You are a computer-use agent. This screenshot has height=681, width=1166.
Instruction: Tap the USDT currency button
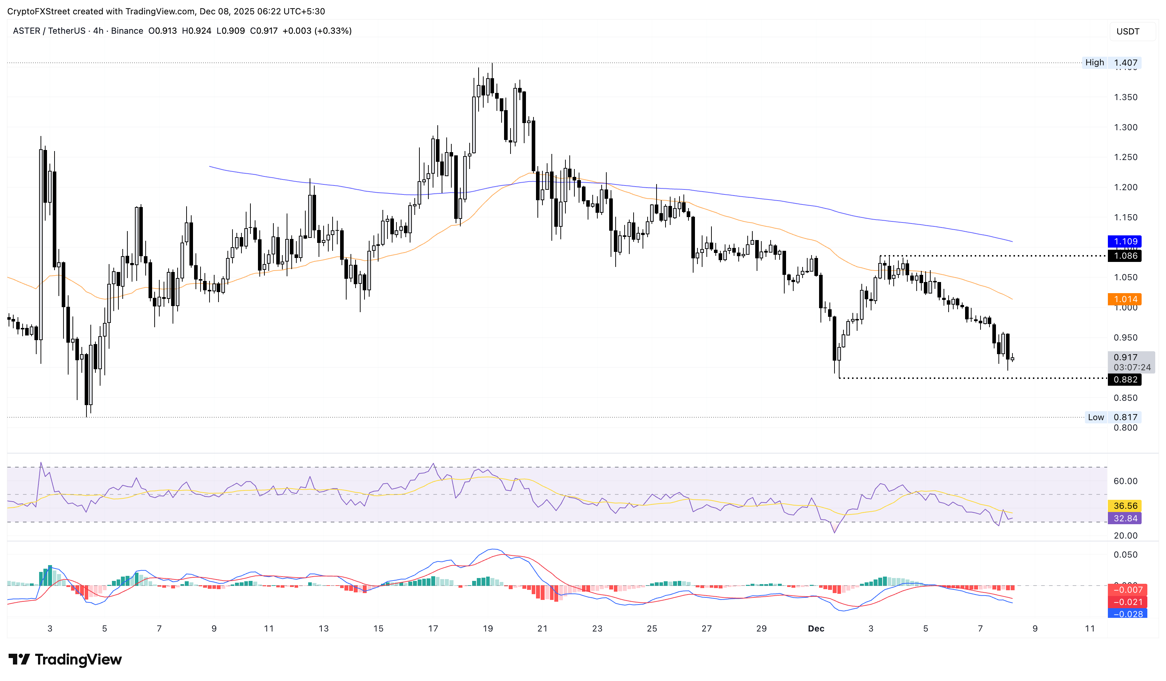click(1128, 32)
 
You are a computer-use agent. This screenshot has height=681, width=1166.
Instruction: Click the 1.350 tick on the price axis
click(1125, 97)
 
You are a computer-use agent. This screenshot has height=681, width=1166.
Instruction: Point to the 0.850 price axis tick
click(1125, 398)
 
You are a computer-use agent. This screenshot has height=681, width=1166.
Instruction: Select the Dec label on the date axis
click(816, 629)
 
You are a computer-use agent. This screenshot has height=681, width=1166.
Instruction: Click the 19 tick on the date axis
click(488, 629)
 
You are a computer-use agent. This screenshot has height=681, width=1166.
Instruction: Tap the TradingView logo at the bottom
click(65, 659)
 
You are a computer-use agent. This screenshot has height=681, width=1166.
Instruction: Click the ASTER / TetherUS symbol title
click(49, 31)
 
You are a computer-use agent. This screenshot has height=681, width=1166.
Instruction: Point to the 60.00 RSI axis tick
click(1125, 481)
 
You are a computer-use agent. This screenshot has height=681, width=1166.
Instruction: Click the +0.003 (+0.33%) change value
click(317, 31)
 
